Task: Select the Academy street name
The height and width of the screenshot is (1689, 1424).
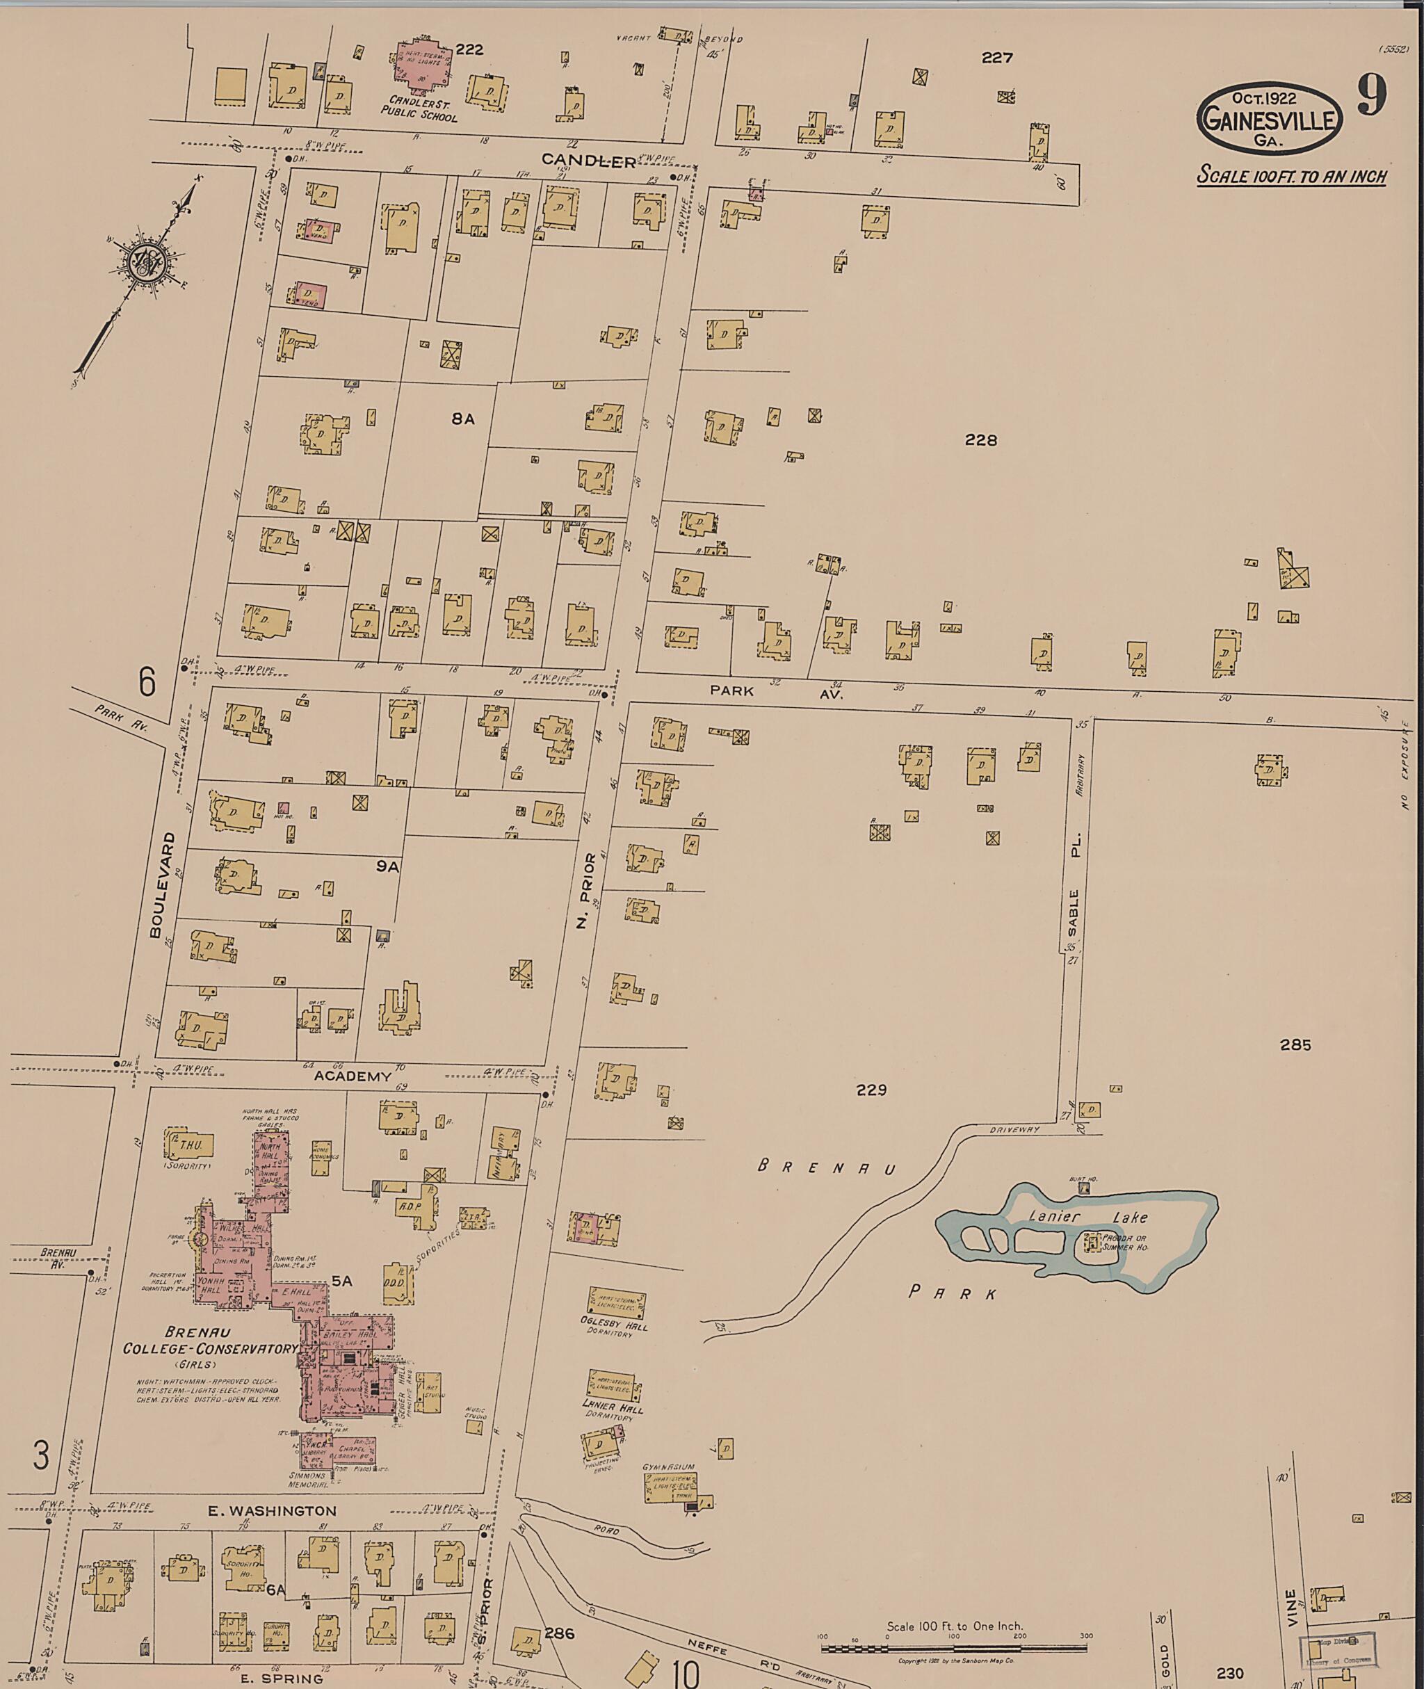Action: click(352, 1076)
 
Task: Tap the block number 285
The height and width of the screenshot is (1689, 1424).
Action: click(1295, 1044)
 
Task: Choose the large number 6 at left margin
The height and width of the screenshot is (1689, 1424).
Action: click(146, 683)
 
